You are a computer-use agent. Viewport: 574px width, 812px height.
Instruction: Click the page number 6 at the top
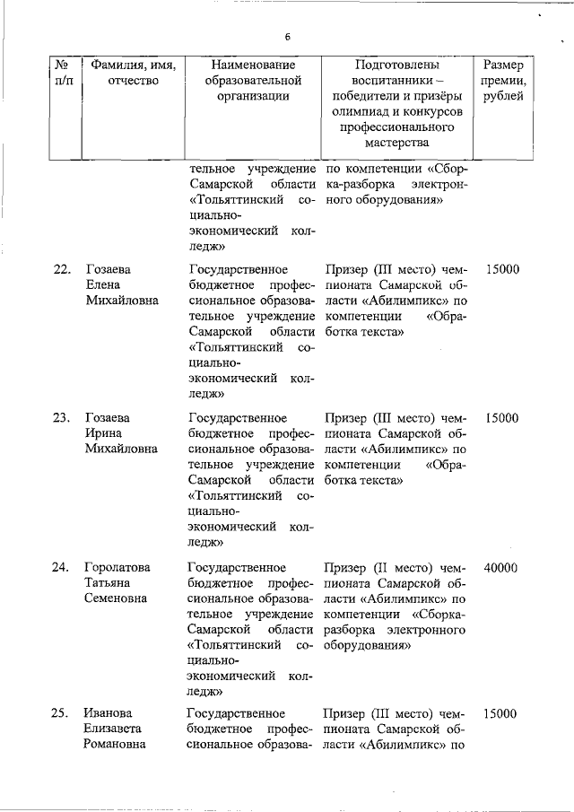click(x=287, y=37)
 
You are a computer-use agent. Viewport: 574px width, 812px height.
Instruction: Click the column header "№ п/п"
click(x=64, y=74)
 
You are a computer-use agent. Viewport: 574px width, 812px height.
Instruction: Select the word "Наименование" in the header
click(x=254, y=65)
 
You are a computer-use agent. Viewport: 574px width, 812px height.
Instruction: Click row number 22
click(x=62, y=269)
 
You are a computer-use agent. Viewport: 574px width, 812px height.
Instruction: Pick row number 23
click(x=62, y=418)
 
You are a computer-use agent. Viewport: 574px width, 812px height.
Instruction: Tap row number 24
click(x=62, y=567)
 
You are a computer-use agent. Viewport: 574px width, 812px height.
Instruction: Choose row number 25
click(x=62, y=714)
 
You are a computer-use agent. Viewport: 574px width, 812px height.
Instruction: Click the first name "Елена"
click(x=102, y=284)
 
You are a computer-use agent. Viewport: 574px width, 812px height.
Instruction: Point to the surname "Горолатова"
click(x=117, y=567)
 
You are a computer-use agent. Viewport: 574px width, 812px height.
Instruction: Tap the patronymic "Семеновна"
click(x=116, y=598)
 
